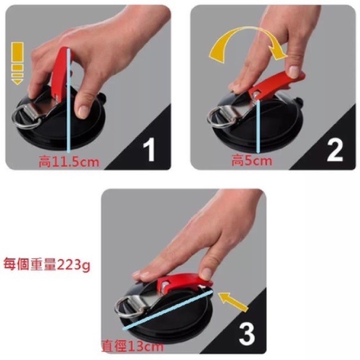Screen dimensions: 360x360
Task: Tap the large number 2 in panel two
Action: tap(335, 150)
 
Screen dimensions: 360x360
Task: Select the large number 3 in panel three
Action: tap(247, 334)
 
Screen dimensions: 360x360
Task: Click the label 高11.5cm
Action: tap(69, 162)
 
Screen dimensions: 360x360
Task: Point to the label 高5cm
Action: tap(252, 161)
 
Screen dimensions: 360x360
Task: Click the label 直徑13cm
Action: tap(133, 346)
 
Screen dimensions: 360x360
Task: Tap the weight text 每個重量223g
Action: tap(47, 265)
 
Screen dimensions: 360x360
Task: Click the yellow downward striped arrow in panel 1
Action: tap(18, 63)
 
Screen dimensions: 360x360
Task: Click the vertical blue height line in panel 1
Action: tap(69, 101)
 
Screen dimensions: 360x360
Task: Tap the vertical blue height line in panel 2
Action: tap(258, 126)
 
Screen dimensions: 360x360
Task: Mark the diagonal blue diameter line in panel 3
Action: tap(167, 310)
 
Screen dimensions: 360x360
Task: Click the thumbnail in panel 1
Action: tap(83, 111)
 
